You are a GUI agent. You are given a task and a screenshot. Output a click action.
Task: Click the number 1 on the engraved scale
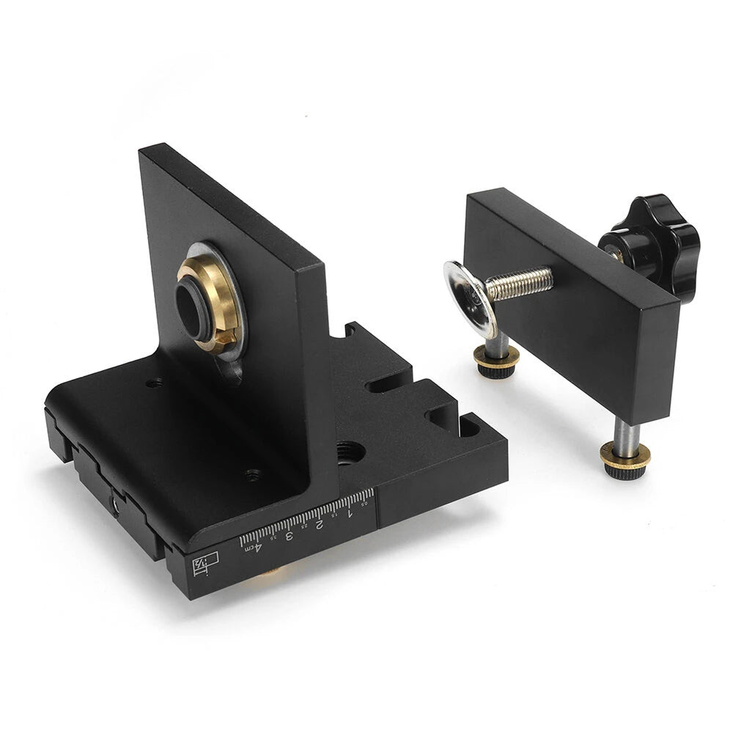point(349,512)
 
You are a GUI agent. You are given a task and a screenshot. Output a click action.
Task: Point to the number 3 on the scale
point(289,534)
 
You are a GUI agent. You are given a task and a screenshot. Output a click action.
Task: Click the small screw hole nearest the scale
point(253,474)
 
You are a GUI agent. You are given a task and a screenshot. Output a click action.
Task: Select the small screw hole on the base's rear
point(154,383)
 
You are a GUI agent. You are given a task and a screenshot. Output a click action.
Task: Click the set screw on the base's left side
point(115,506)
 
